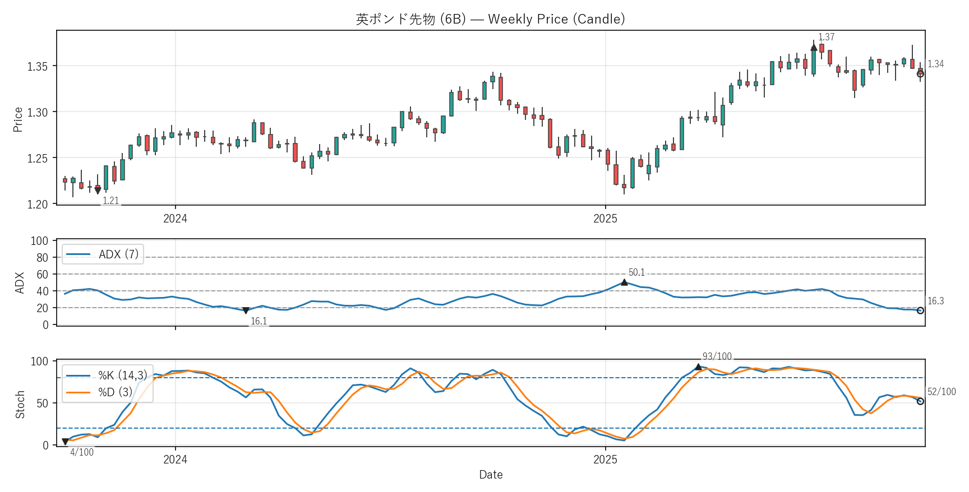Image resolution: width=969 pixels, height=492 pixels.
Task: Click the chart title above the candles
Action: [490, 19]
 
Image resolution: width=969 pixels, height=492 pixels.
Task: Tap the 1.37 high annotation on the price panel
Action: [826, 37]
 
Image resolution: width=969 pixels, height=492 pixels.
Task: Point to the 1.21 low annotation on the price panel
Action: [110, 201]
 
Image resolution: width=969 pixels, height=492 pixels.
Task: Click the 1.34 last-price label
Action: [935, 64]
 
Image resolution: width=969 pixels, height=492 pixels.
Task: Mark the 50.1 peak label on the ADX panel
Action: [636, 272]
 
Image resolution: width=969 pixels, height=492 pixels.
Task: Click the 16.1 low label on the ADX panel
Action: [259, 321]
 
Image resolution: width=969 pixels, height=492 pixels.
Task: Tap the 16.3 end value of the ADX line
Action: [935, 301]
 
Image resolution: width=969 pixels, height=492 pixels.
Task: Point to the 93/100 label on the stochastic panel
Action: [717, 356]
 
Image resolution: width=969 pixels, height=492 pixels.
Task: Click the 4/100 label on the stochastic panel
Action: [82, 452]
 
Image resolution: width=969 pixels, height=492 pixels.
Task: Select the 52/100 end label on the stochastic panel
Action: [941, 392]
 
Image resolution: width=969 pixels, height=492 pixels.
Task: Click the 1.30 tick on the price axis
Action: [38, 112]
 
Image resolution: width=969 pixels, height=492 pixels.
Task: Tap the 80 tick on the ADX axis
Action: [42, 258]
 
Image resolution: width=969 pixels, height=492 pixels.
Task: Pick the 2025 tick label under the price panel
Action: [605, 219]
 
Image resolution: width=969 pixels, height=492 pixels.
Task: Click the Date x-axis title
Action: [491, 475]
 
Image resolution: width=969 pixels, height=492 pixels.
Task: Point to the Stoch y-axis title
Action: [20, 404]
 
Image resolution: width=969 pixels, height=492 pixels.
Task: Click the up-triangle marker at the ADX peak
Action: [624, 282]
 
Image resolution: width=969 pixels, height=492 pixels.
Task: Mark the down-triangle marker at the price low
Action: [98, 191]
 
